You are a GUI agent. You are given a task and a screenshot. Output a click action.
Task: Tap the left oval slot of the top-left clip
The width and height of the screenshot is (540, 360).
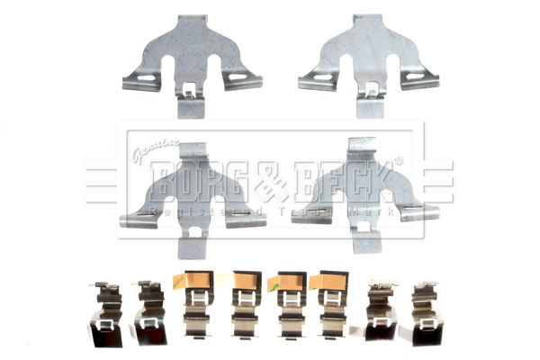(x=147, y=77)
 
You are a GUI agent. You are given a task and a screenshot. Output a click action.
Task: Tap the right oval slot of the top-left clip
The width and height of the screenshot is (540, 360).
(x=238, y=76)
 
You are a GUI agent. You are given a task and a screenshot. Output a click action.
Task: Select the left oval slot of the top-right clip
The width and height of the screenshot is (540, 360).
(x=323, y=77)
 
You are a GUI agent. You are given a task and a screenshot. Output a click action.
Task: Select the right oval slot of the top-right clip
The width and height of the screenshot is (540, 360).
(x=415, y=76)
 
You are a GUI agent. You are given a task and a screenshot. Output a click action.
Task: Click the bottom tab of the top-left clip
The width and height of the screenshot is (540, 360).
(x=191, y=107)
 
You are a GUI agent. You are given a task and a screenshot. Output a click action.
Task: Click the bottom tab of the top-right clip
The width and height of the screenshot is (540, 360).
(x=370, y=107)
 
